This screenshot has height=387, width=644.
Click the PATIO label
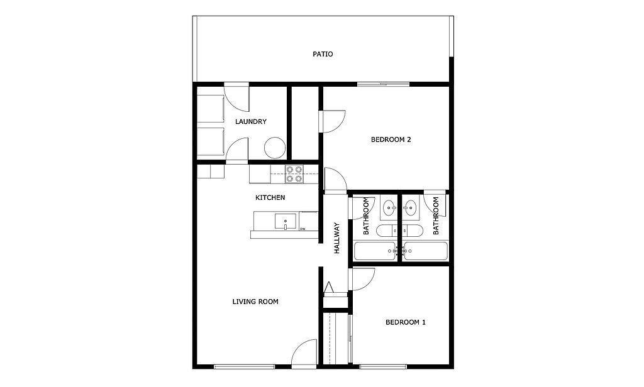(323, 54)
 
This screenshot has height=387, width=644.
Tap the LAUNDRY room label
(250, 121)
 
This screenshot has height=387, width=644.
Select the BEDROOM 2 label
(391, 139)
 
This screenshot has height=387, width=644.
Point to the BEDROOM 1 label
(406, 322)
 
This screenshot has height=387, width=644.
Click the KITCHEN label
(270, 197)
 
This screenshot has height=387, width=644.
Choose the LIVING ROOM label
(255, 302)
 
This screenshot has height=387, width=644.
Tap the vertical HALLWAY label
(337, 238)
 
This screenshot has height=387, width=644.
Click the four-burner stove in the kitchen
(294, 174)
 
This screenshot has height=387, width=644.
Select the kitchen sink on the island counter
(285, 222)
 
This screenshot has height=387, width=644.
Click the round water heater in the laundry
(275, 148)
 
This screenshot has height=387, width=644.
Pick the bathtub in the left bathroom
(375, 251)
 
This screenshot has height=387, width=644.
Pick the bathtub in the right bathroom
(426, 251)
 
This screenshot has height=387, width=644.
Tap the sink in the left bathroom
(389, 208)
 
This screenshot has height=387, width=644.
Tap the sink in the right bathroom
(409, 208)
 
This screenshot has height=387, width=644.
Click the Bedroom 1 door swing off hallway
(362, 280)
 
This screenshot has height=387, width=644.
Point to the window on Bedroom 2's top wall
(383, 85)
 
